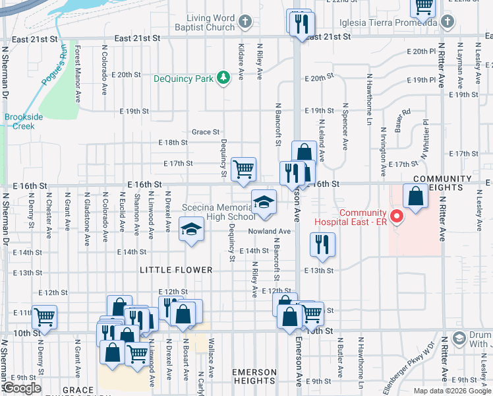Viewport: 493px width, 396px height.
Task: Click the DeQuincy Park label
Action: pyautogui.click(x=184, y=79)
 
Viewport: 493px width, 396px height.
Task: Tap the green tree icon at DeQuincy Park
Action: pyautogui.click(x=225, y=78)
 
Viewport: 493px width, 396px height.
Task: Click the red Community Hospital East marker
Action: pyautogui.click(x=396, y=216)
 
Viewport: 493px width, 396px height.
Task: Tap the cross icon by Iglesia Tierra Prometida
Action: pyautogui.click(x=448, y=22)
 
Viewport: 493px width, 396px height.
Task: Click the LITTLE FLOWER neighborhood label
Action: pyautogui.click(x=176, y=270)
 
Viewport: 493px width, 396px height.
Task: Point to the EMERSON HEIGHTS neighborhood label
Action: pyautogui.click(x=254, y=376)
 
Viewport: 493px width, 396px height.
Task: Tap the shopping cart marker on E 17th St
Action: pyautogui.click(x=244, y=169)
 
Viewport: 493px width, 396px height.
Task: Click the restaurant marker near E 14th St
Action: pyautogui.click(x=323, y=245)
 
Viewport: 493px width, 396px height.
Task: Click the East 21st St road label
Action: pyautogui.click(x=137, y=39)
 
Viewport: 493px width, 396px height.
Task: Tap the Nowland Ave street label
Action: pyautogui.click(x=269, y=232)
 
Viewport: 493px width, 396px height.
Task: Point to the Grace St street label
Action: pyautogui.click(x=206, y=132)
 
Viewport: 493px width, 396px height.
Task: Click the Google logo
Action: pyautogui.click(x=23, y=388)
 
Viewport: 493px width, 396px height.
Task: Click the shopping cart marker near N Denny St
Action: pyautogui.click(x=44, y=317)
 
